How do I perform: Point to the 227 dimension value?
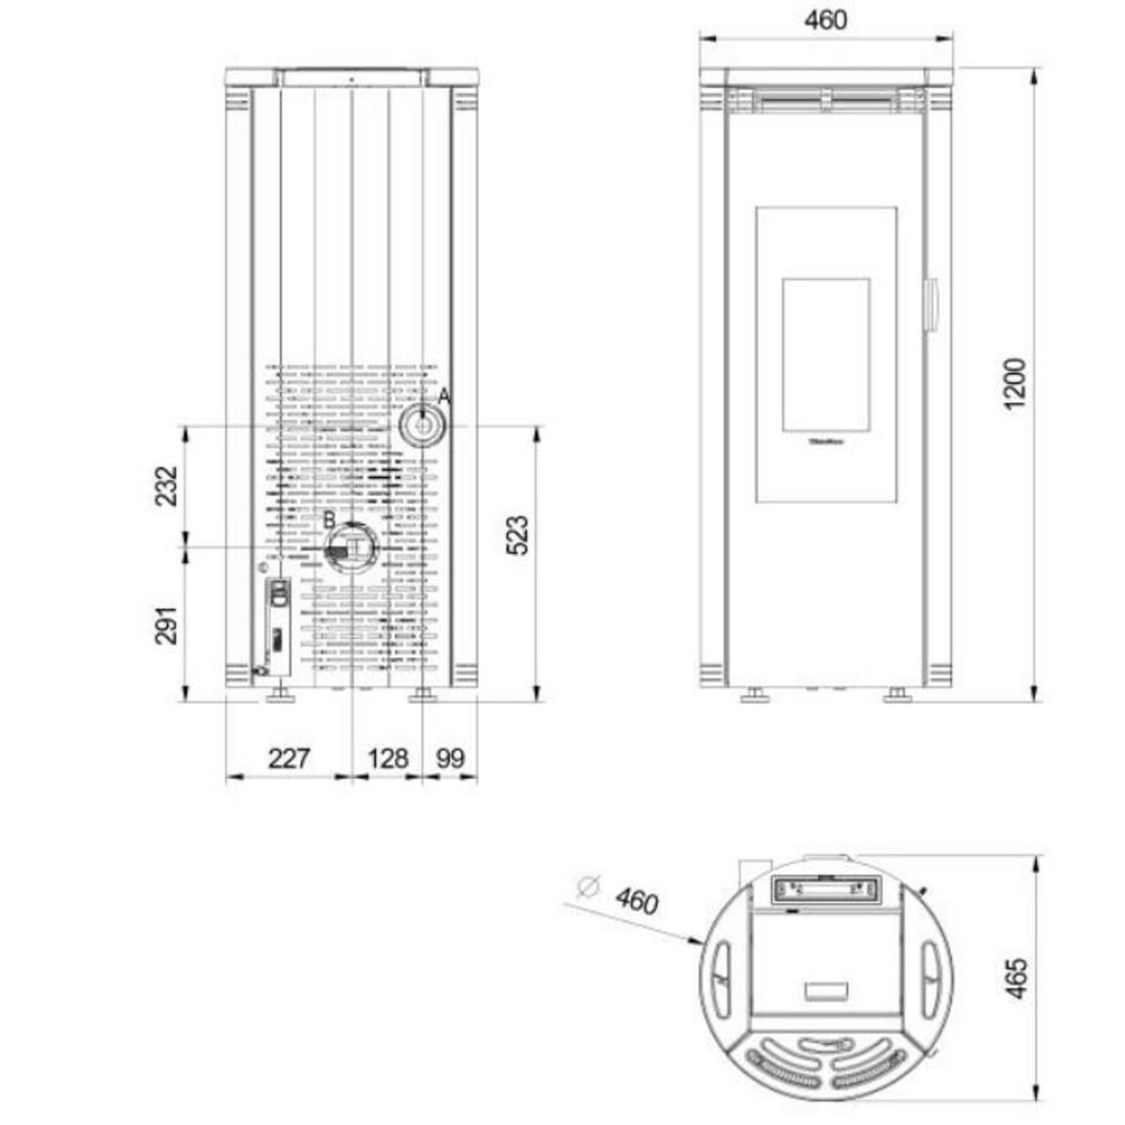pos(288,757)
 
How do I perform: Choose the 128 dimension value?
pos(388,757)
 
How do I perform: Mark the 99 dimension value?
pos(451,757)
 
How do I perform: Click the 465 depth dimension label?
pos(1016,977)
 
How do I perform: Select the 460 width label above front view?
pos(825,20)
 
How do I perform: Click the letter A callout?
pos(444,396)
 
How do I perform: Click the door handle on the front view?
pos(932,305)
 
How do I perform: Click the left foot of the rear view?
pos(279,695)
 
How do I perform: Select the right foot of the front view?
pos(897,695)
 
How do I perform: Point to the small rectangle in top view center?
pos(826,989)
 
